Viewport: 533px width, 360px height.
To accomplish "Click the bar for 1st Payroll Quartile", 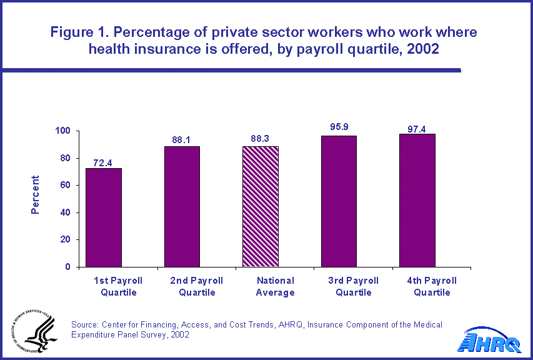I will click(x=104, y=217).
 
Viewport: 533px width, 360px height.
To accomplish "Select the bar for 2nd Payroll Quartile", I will click(x=182, y=206).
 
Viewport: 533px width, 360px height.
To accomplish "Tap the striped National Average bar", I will click(x=260, y=206).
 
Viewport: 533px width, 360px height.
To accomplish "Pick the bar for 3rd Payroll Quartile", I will click(x=339, y=201).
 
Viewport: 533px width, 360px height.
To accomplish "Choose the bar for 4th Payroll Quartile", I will click(x=417, y=200).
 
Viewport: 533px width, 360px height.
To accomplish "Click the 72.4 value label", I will click(x=104, y=161).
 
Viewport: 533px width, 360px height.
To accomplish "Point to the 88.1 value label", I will click(x=182, y=140).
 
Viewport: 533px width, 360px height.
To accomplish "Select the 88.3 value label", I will click(x=260, y=139).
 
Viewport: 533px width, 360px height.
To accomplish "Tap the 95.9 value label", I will click(x=339, y=127).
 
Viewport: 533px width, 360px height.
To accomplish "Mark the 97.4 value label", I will click(x=417, y=128).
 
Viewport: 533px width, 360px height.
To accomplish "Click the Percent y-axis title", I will click(x=36, y=194).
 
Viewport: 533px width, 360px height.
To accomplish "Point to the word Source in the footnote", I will click(x=86, y=324).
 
